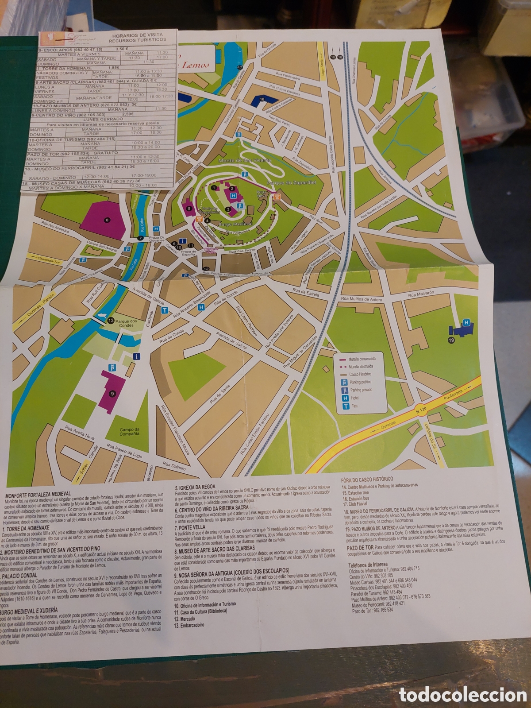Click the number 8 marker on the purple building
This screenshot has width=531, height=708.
[107, 219]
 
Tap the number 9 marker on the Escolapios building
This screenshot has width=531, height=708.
[112, 393]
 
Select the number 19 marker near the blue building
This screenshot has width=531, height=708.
[451, 340]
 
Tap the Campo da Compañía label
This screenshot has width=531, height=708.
[129, 431]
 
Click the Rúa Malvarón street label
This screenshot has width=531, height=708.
[421, 294]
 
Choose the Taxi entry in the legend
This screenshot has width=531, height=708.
[354, 406]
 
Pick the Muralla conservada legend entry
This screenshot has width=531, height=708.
[362, 359]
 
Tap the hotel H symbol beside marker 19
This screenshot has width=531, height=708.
[466, 323]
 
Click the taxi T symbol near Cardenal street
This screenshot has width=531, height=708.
[165, 311]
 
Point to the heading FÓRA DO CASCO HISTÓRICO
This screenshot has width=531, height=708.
[367, 479]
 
